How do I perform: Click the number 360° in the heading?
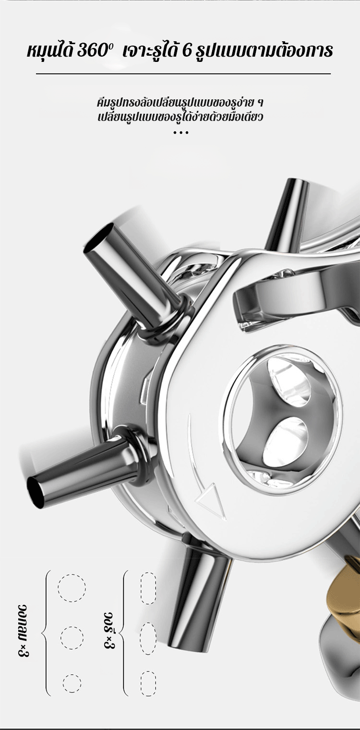[95, 51]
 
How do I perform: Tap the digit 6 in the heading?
[187, 52]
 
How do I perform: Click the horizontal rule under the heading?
[183, 74]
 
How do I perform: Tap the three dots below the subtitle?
[181, 132]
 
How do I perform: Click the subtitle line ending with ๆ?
[180, 103]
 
